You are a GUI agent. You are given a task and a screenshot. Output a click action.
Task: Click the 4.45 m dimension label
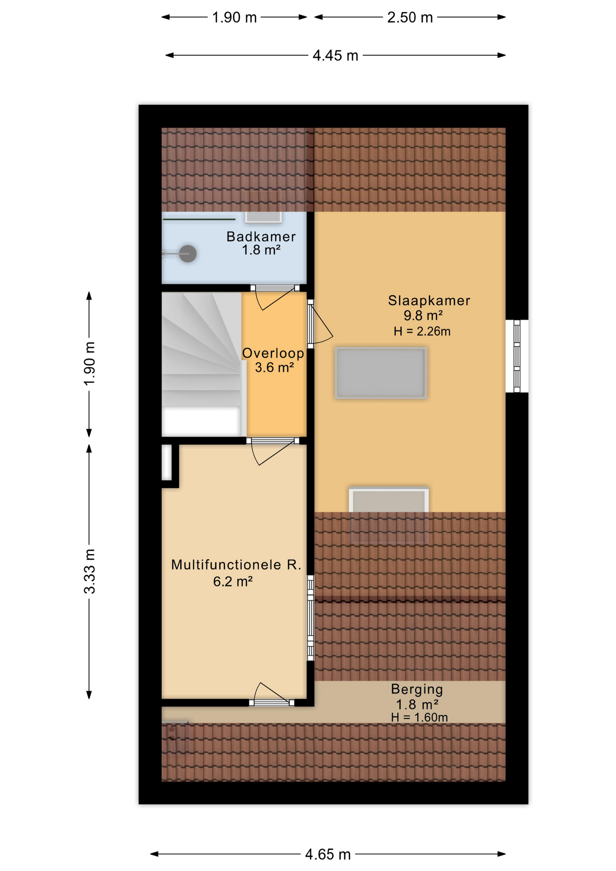pos(335,55)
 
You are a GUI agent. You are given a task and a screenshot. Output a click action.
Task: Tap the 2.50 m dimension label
pos(410,17)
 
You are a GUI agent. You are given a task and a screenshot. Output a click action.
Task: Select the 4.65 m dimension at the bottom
pos(328,854)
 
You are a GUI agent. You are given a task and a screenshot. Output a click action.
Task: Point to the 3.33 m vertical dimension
pos(89,571)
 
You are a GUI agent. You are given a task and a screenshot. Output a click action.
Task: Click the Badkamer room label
pos(261,236)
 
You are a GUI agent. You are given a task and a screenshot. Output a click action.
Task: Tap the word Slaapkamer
pos(429,300)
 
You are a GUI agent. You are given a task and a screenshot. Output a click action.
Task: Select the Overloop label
pos(273,353)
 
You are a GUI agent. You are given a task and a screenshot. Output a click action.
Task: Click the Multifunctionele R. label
pos(236,564)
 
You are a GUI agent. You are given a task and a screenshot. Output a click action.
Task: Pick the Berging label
pos(417,689)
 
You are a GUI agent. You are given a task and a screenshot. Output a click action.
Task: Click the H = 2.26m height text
pos(422,331)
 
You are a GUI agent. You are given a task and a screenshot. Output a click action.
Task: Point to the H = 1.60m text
pos(419,717)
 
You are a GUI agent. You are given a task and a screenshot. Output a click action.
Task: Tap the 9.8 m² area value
pos(423,315)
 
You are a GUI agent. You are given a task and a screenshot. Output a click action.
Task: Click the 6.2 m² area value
pos(233,581)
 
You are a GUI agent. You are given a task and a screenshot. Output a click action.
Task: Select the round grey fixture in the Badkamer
pos(187,254)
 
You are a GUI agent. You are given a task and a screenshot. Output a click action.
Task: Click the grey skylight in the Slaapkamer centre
pos(381,373)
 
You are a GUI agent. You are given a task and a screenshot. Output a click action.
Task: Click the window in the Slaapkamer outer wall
pos(517,356)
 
